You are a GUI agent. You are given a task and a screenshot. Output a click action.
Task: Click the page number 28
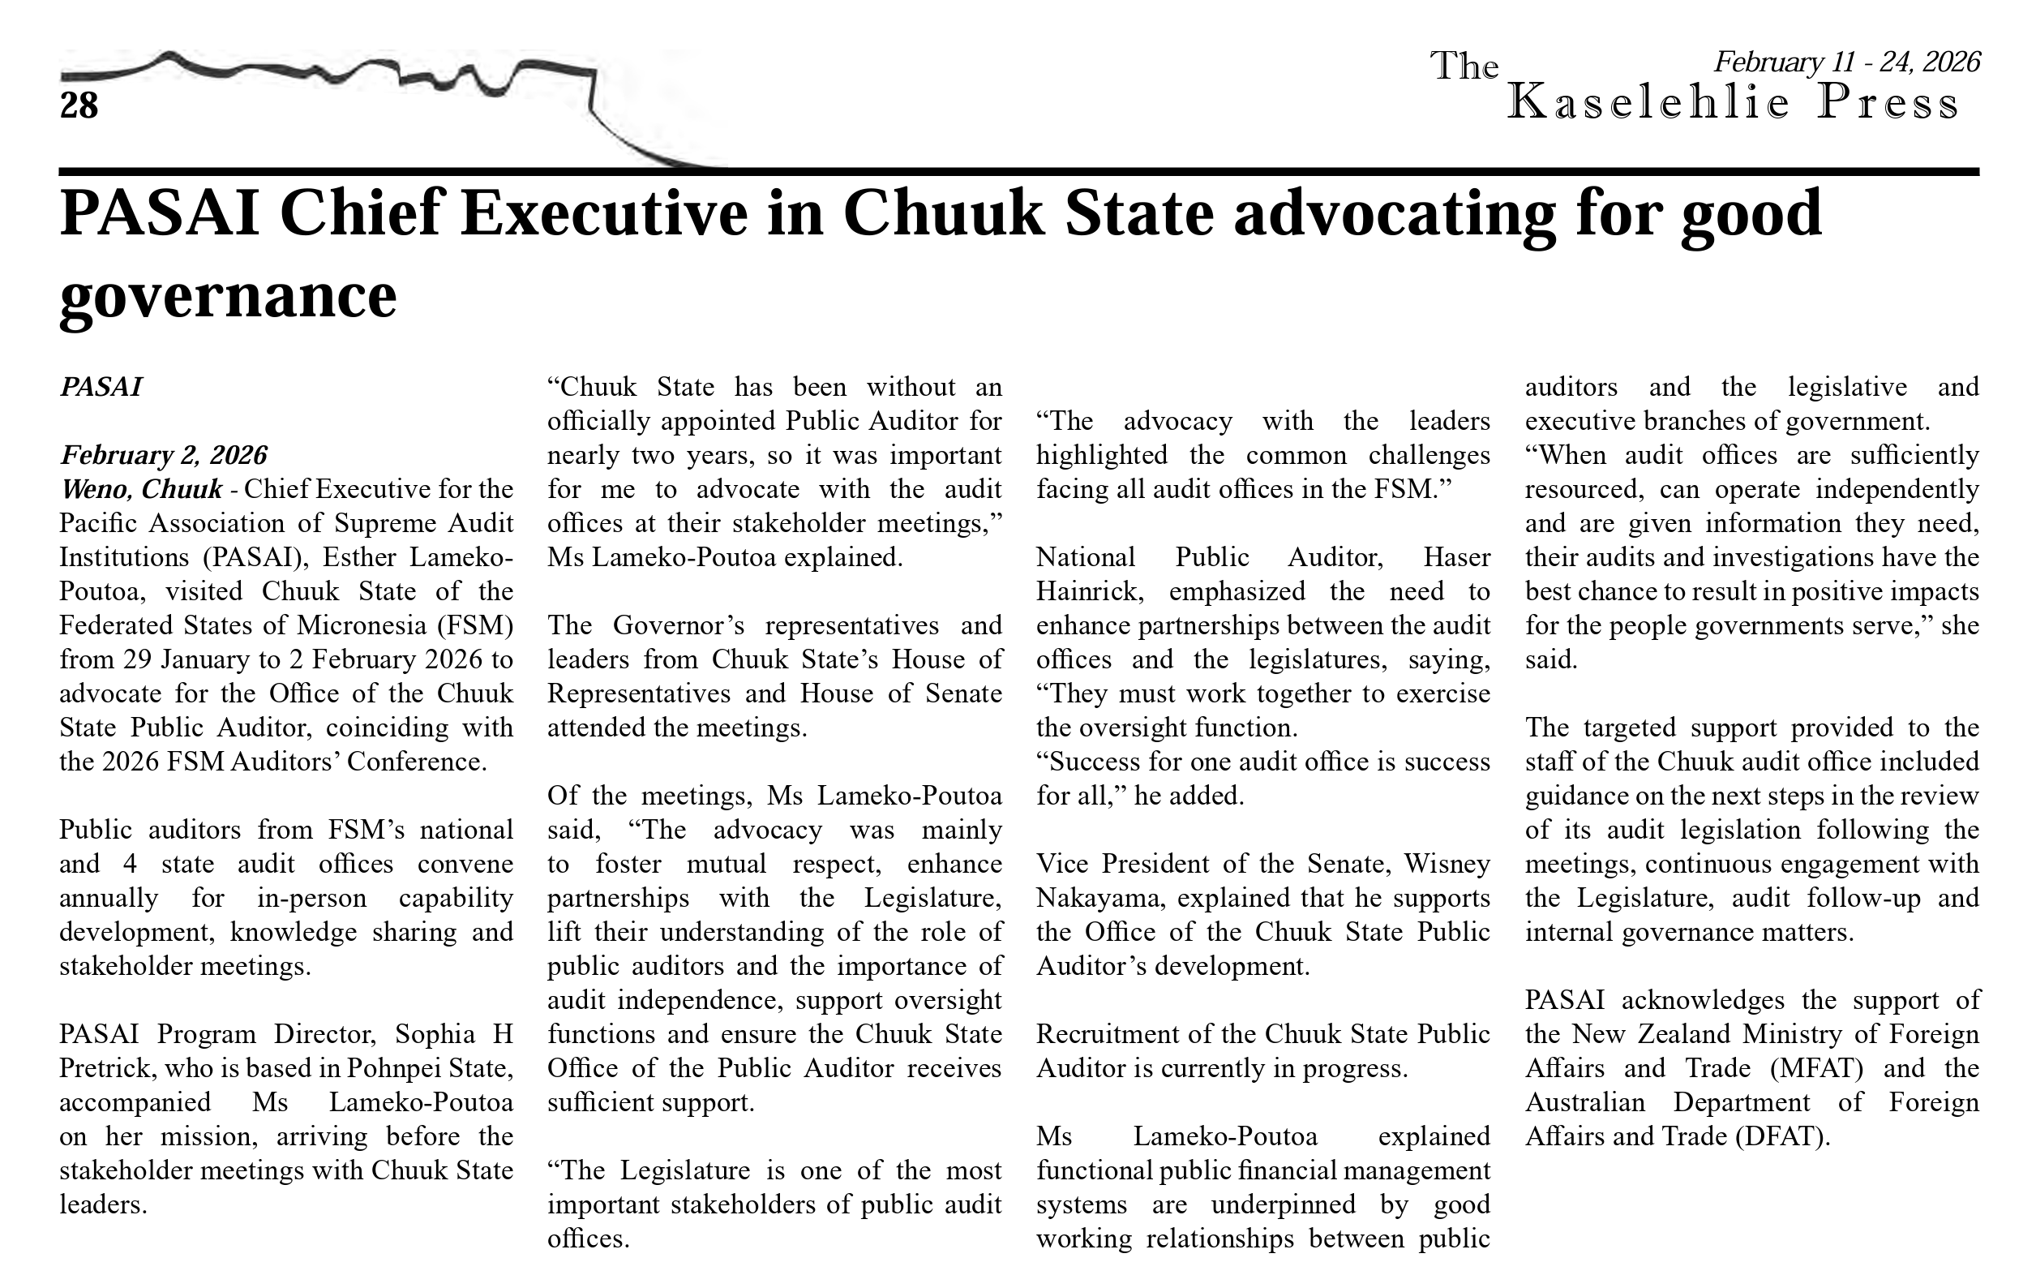point(79,106)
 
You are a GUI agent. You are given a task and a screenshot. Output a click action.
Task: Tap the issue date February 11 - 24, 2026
point(1846,62)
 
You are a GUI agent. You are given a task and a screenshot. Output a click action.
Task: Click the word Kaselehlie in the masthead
point(1648,104)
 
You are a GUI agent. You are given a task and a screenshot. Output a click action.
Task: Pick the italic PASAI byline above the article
point(101,388)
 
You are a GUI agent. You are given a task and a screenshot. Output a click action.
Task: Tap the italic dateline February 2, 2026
point(163,456)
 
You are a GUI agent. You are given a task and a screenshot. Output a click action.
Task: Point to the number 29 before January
point(138,659)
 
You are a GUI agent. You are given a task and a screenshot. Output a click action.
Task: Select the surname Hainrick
point(1090,592)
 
